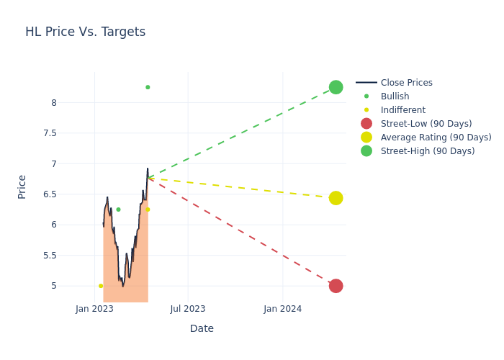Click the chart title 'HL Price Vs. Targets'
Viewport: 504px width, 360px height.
coord(85,32)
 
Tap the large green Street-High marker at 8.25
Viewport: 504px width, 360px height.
coord(336,87)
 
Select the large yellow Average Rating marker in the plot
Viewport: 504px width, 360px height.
coord(336,198)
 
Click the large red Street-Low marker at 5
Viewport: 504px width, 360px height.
coord(336,286)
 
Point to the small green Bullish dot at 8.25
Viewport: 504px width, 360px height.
coord(148,87)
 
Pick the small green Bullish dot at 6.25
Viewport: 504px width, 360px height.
coord(118,210)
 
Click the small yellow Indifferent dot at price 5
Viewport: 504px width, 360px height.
coord(101,286)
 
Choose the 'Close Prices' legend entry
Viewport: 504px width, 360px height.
coord(406,83)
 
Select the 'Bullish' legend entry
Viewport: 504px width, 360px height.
coord(395,96)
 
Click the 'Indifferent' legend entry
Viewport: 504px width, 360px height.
coord(402,110)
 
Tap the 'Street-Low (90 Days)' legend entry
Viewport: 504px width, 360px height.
coord(426,124)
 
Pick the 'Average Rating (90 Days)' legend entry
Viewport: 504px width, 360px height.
coord(436,138)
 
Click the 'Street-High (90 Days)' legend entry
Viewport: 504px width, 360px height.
coord(428,151)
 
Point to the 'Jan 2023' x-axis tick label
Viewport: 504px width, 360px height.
coord(94,309)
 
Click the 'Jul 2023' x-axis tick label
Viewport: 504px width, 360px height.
coord(188,309)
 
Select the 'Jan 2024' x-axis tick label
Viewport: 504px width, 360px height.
coord(282,309)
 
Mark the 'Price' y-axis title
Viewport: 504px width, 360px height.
coord(22,186)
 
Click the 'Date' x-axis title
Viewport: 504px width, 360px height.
coord(202,329)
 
